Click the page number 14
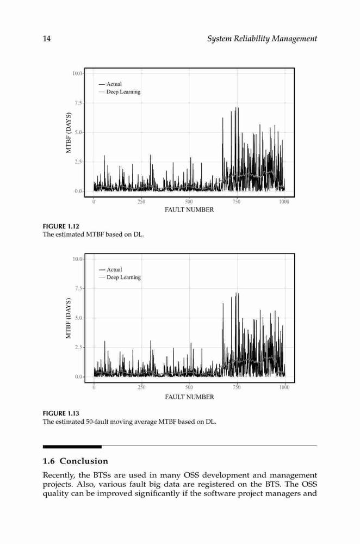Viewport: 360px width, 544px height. (46, 39)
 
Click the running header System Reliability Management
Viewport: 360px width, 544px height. (262, 39)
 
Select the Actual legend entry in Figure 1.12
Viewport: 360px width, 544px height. (110, 84)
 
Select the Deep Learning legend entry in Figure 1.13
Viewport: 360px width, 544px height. (120, 277)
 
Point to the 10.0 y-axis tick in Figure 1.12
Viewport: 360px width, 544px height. (77, 73)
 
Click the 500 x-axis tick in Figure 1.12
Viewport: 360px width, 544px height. (189, 202)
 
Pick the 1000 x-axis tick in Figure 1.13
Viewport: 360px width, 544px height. (284, 387)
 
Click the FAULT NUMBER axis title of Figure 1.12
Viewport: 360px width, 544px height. (189, 209)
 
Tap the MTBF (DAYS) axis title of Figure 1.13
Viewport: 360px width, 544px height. (69, 318)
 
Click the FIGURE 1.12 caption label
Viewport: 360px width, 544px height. (61, 226)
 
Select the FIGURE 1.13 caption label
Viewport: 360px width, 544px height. (61, 413)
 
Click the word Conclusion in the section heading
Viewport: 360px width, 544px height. (84, 461)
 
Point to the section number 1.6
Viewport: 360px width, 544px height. (48, 461)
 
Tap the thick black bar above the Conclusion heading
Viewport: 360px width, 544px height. (72, 447)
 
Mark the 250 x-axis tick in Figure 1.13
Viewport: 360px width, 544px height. (141, 387)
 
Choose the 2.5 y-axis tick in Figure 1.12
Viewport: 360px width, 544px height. (79, 162)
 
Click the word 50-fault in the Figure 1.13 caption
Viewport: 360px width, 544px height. (97, 422)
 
